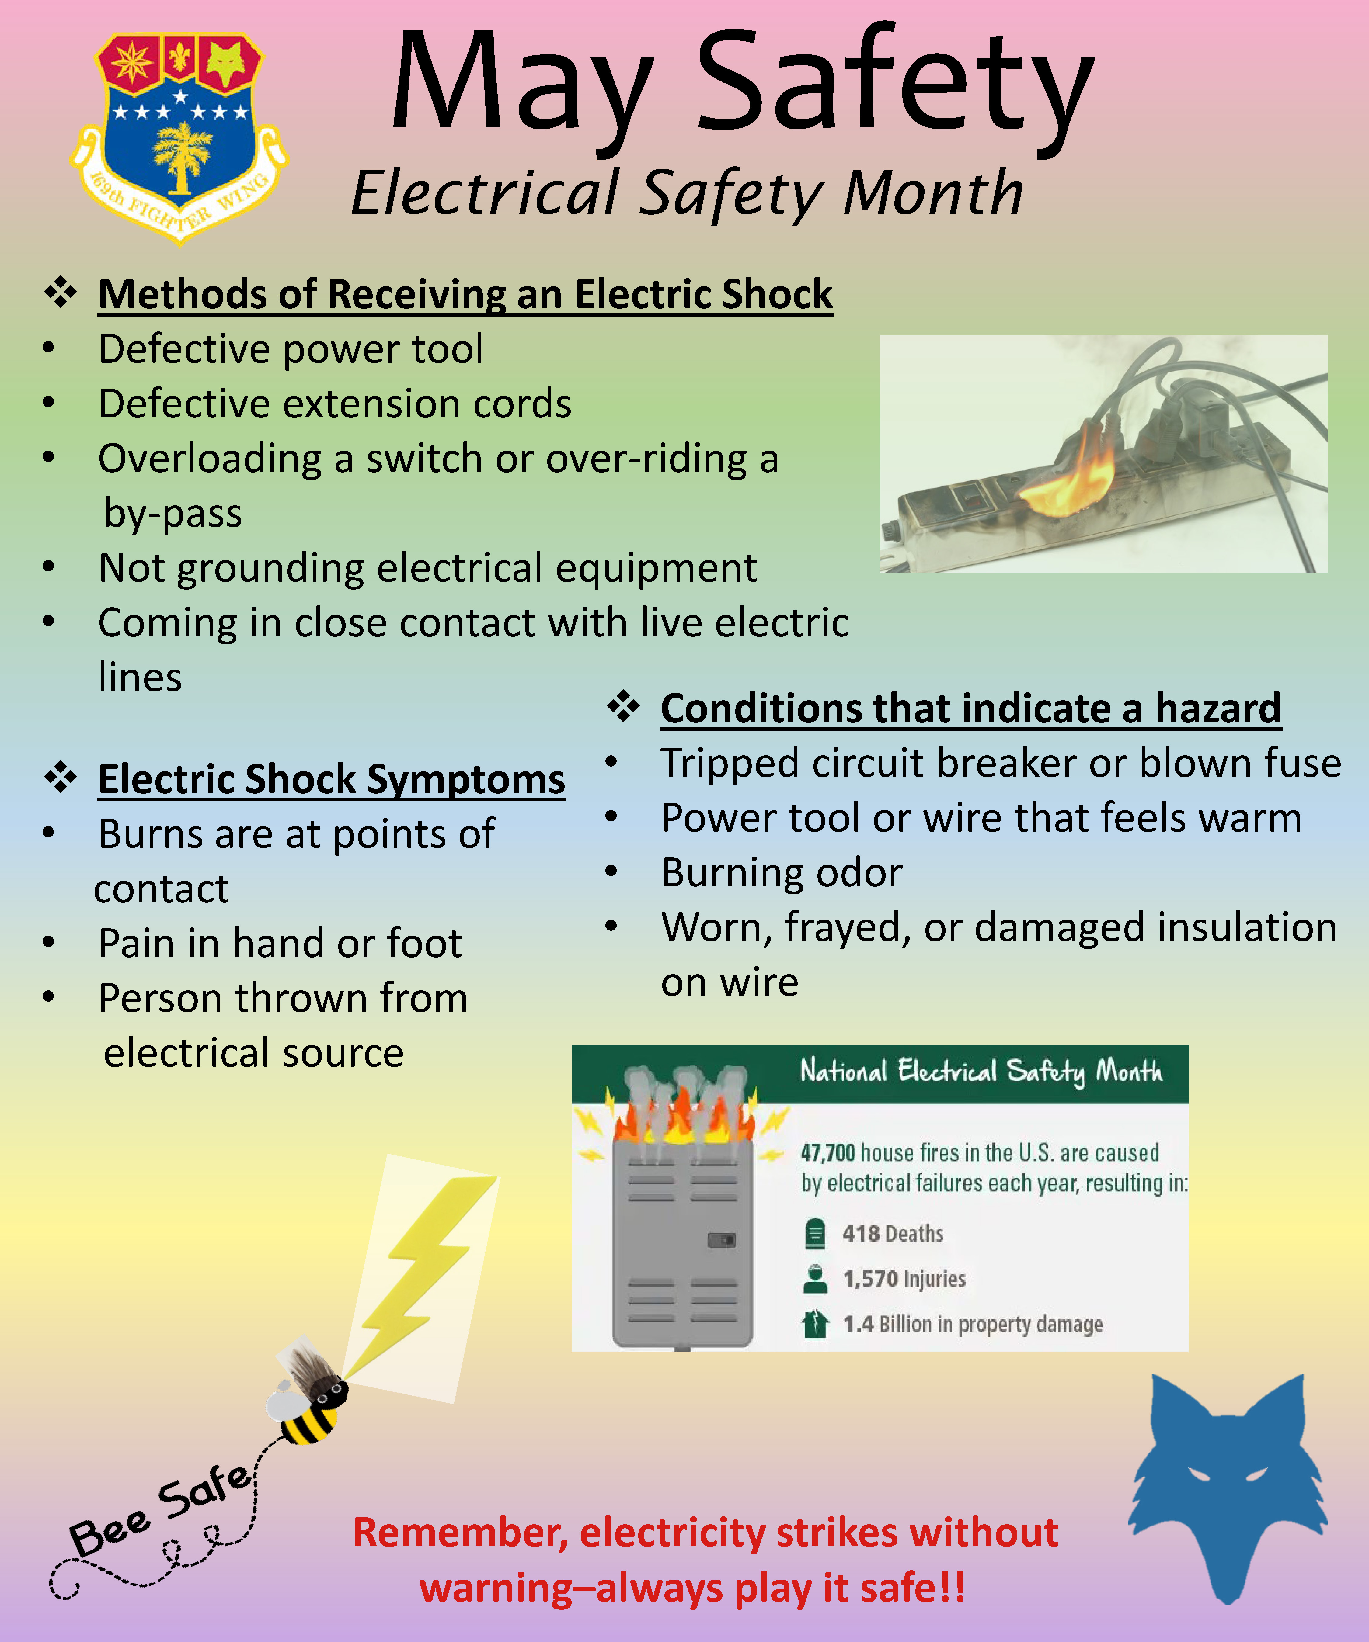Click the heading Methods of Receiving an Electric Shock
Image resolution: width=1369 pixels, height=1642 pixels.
pyautogui.click(x=465, y=295)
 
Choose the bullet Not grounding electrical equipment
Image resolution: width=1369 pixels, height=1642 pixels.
pyautogui.click(x=427, y=568)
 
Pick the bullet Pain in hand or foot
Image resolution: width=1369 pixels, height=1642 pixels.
pyautogui.click(x=280, y=943)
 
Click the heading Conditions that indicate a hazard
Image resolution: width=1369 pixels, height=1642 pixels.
pyautogui.click(x=971, y=708)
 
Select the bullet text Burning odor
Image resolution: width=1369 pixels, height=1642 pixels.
pyautogui.click(x=782, y=873)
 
